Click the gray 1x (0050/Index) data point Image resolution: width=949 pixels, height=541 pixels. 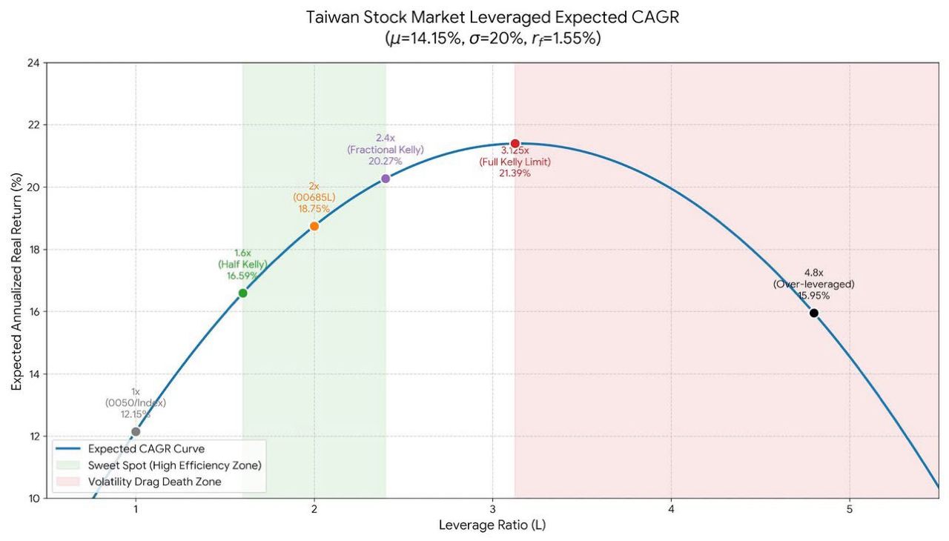click(x=136, y=431)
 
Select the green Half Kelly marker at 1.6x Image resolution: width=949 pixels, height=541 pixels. click(x=242, y=293)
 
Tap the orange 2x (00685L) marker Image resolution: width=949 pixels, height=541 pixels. click(x=314, y=226)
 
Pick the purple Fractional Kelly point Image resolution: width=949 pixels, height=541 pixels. click(x=386, y=179)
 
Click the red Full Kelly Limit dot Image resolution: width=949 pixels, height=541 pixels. click(x=515, y=143)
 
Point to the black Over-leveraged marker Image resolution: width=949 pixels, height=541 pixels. click(x=813, y=313)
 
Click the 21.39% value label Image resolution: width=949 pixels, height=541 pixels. click(x=515, y=173)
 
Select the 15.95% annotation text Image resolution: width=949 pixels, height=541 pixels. click(x=813, y=296)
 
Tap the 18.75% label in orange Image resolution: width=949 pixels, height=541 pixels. click(x=314, y=210)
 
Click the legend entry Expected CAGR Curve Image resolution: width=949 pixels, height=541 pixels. click(x=146, y=448)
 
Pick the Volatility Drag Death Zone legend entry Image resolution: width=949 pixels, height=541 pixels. click(x=154, y=482)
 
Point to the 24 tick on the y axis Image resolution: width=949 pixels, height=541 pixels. click(x=33, y=63)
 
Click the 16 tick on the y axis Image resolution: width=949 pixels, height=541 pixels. click(x=33, y=312)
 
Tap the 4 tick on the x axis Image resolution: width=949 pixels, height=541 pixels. click(x=671, y=510)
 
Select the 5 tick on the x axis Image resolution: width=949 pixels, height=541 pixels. click(x=850, y=510)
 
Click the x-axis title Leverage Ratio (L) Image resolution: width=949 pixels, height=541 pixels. click(x=492, y=525)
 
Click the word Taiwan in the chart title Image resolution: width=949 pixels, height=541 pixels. click(x=332, y=18)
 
